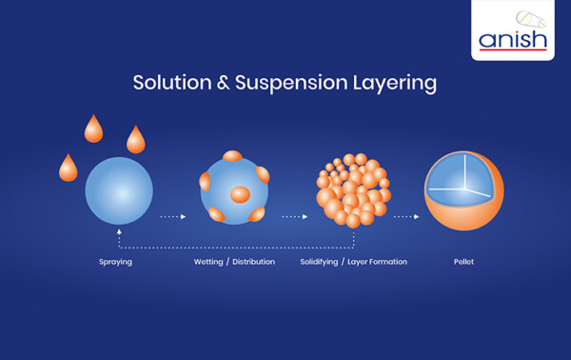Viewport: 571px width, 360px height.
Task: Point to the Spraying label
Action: (115, 262)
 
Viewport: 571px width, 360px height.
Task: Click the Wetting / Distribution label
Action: (234, 262)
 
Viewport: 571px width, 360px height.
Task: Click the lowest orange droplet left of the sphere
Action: (69, 169)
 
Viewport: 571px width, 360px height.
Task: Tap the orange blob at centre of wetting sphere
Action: (240, 194)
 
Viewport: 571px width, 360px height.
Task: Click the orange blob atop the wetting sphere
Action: (232, 156)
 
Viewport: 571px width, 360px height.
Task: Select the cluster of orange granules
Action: (352, 190)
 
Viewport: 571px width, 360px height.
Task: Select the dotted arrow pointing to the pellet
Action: (406, 217)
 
